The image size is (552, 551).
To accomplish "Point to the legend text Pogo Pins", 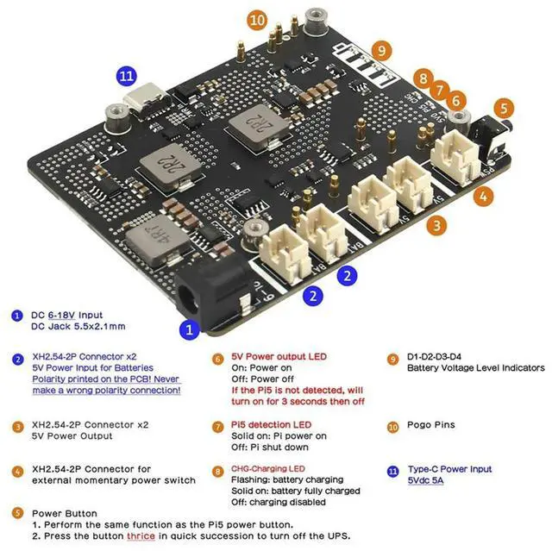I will tap(432, 425).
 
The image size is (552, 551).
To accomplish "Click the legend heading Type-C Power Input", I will tap(449, 470).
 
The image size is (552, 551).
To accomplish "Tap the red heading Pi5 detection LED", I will tap(272, 425).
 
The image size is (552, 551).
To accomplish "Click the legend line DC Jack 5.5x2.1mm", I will tap(78, 327).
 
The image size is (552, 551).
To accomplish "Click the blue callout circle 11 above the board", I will tap(127, 76).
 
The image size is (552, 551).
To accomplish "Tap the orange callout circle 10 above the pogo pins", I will tap(256, 19).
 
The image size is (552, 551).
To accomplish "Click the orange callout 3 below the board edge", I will tap(439, 227).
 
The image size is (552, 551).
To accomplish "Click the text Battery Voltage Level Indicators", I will tap(475, 368).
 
